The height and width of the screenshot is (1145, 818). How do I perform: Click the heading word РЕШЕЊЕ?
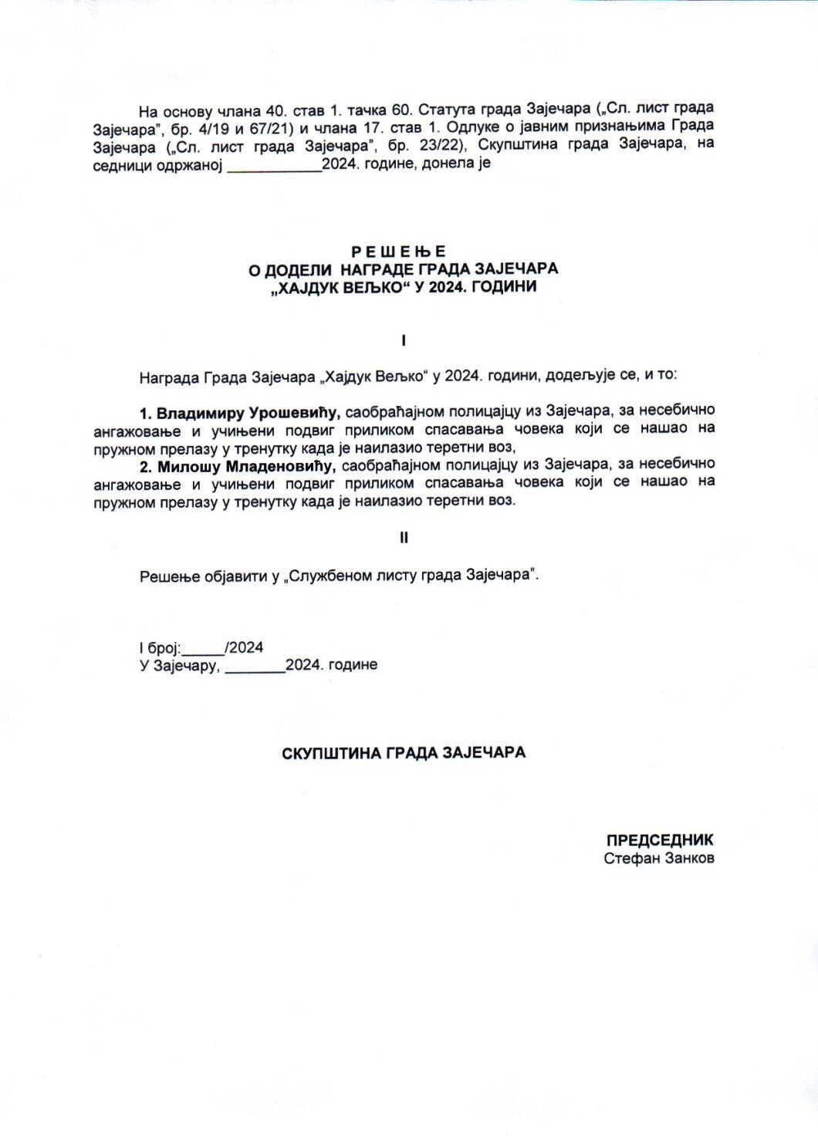(398, 252)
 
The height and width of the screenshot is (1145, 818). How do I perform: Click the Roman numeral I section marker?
(404, 340)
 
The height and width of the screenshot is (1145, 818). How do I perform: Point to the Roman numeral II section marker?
(404, 538)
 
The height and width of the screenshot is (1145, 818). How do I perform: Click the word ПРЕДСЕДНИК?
(659, 840)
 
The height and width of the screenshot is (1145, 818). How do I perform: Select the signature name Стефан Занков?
(659, 858)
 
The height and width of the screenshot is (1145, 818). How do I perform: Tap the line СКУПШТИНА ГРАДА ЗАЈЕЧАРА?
(404, 752)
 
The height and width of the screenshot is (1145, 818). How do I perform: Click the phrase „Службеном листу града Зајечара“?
(411, 576)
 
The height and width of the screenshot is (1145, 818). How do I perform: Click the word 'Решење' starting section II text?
(170, 576)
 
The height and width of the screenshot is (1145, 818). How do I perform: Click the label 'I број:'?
(160, 648)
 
